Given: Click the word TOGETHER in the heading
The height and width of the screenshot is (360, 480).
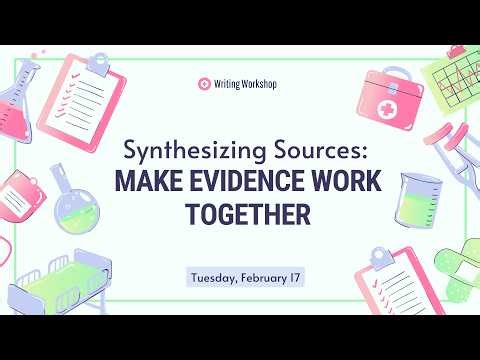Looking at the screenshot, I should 240,215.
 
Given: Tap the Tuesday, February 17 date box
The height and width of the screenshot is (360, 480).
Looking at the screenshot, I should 240,275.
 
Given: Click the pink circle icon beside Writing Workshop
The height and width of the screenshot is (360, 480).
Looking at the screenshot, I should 205,86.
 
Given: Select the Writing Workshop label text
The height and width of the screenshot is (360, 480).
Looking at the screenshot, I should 245,86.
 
